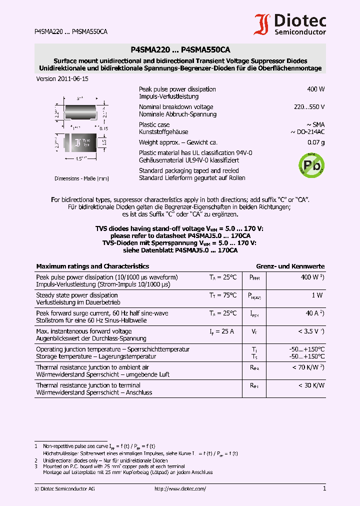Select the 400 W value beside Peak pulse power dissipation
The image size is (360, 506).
point(315,89)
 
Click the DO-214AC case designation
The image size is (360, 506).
point(307,132)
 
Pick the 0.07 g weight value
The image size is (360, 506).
point(316,142)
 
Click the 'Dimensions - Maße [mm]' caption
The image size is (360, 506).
point(81,178)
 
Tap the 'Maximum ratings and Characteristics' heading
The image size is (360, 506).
point(92,266)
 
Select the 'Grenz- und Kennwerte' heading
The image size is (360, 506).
point(290,266)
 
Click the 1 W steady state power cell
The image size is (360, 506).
point(317,295)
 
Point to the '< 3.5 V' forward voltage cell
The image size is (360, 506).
point(311,331)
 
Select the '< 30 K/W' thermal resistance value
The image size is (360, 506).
point(311,385)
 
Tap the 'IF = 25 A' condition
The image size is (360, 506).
point(222,331)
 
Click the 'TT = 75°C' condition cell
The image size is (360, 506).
point(222,295)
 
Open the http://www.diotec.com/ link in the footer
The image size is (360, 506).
point(180,489)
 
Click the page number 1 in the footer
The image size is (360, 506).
point(324,488)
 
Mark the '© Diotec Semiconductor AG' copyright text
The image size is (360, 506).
point(64,489)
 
